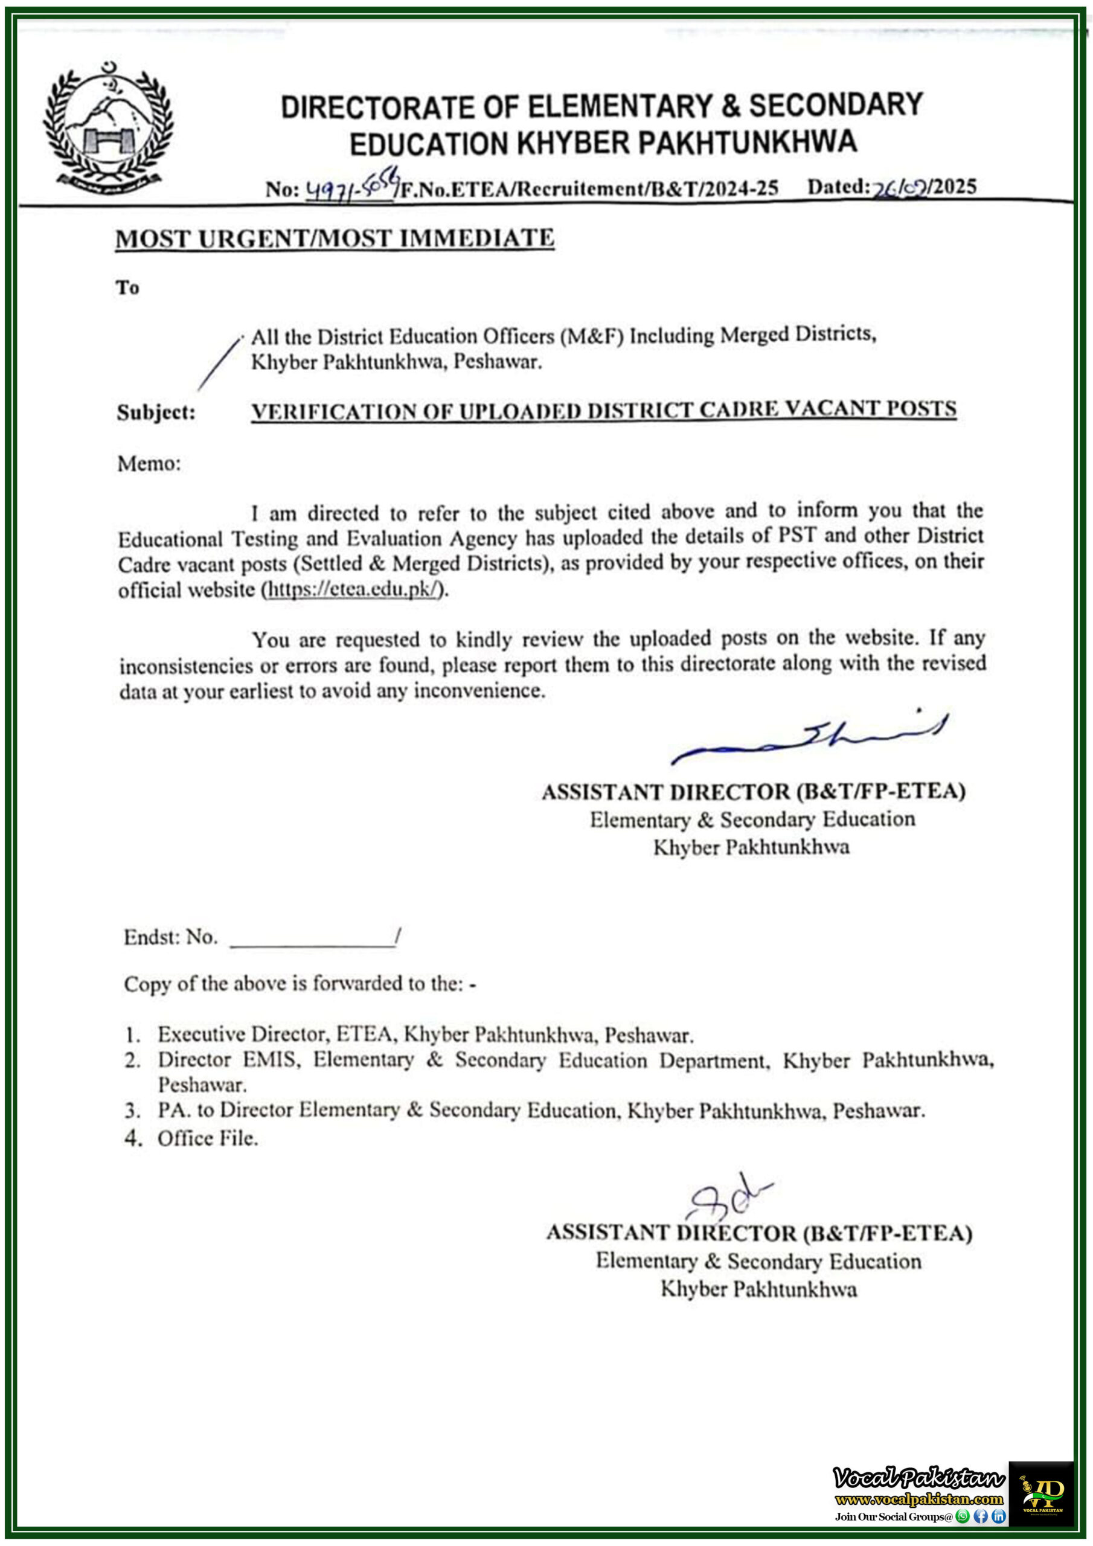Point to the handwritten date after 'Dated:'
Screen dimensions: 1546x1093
pyautogui.click(x=901, y=188)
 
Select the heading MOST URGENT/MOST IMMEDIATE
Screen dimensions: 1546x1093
pyautogui.click(x=335, y=239)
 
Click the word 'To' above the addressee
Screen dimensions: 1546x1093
pyautogui.click(x=127, y=287)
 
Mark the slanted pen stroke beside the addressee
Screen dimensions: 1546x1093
pyautogui.click(x=219, y=364)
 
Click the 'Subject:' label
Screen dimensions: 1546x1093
pyautogui.click(x=156, y=411)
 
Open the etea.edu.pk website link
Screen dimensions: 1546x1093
pyautogui.click(x=353, y=589)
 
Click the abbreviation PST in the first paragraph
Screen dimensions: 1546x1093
pyautogui.click(x=797, y=536)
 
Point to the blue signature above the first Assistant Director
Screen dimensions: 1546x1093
pyautogui.click(x=808, y=737)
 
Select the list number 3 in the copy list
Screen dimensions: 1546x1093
pyautogui.click(x=132, y=1111)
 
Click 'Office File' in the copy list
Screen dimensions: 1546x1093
pyautogui.click(x=207, y=1138)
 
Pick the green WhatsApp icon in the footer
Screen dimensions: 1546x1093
pyautogui.click(x=963, y=1516)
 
